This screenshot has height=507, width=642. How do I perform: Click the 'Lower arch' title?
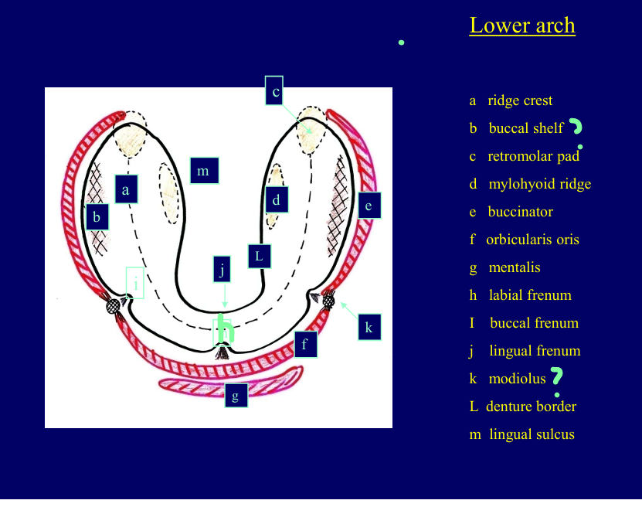(x=522, y=26)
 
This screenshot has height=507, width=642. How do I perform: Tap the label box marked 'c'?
(x=275, y=91)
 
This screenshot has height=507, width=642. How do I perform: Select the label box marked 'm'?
(x=204, y=170)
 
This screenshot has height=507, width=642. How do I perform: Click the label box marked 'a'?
(x=126, y=189)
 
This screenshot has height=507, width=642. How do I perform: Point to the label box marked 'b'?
(x=97, y=217)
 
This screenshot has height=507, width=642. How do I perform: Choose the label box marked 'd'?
(x=276, y=199)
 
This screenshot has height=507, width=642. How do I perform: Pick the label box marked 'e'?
(x=369, y=206)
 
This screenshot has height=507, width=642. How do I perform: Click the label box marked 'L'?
(x=260, y=256)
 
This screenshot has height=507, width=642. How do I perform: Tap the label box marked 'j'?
(x=222, y=270)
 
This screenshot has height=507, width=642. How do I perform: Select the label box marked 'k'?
(x=369, y=327)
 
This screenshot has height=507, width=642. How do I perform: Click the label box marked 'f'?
(x=305, y=343)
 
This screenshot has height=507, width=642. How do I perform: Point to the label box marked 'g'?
(x=236, y=395)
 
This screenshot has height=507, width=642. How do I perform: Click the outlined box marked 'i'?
(x=135, y=283)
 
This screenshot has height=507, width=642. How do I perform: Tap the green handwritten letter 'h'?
(x=225, y=330)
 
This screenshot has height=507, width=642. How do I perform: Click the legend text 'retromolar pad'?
(x=533, y=156)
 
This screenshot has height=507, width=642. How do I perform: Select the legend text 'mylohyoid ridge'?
(x=539, y=184)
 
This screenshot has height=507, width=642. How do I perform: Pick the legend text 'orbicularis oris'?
(x=532, y=240)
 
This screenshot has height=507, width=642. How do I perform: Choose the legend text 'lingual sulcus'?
(x=532, y=434)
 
